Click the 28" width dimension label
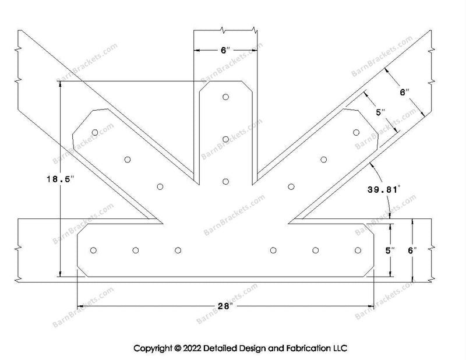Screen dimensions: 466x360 pyautogui.click(x=224, y=306)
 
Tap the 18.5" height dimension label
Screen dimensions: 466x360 pyautogui.click(x=61, y=179)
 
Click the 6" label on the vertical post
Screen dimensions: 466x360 pyautogui.click(x=225, y=50)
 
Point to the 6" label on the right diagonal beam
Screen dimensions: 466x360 pyautogui.click(x=404, y=92)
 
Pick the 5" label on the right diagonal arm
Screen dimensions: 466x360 pyautogui.click(x=381, y=112)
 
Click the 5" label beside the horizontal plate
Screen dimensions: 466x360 pyautogui.click(x=390, y=250)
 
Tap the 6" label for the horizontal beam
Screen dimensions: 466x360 pyautogui.click(x=412, y=250)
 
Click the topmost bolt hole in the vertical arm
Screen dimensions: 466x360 pyautogui.click(x=225, y=97)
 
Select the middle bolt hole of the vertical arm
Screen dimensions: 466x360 pyautogui.click(x=225, y=139)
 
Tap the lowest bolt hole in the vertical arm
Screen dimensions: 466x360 pyautogui.click(x=225, y=181)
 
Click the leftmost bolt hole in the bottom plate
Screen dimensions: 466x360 pyautogui.click(x=93, y=250)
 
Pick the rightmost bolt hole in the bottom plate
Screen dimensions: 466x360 pyautogui.click(x=358, y=250)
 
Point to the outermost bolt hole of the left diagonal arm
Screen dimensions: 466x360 pyautogui.click(x=95, y=132)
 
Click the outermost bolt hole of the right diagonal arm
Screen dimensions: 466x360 pyautogui.click(x=356, y=132)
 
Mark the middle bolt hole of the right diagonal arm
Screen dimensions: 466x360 pyautogui.click(x=324, y=160)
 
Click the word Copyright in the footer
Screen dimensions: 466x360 pyautogui.click(x=153, y=348)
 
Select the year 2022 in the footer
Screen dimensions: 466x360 pyautogui.click(x=192, y=348)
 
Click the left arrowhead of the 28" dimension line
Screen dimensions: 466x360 pyautogui.click(x=80, y=306)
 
